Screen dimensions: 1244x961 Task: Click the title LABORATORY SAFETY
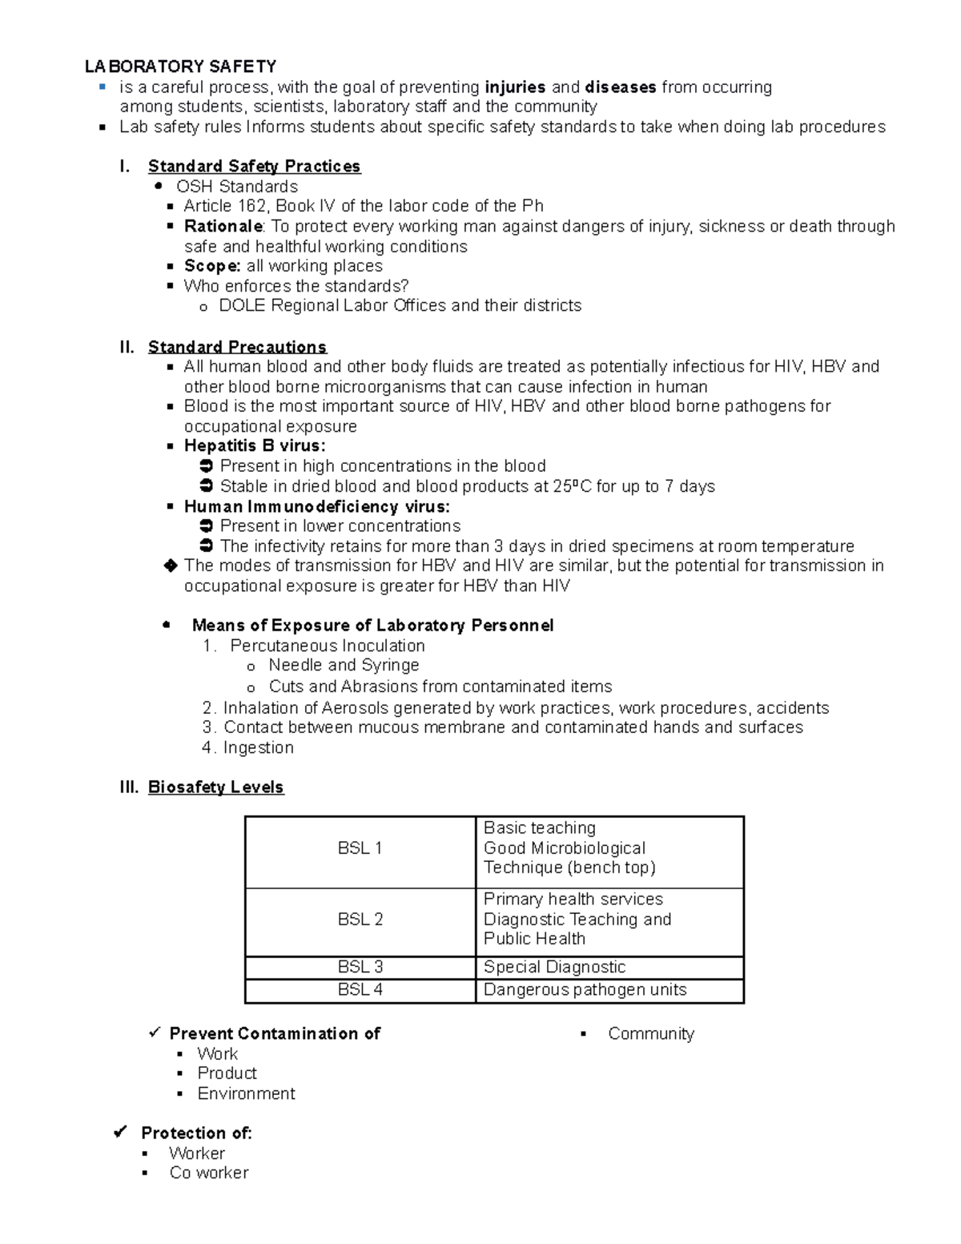point(181,66)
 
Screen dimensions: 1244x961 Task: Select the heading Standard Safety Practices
point(254,167)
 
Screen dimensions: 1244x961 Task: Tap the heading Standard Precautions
point(237,347)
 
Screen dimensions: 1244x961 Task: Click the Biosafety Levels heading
point(215,787)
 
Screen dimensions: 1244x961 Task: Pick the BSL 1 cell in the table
point(360,848)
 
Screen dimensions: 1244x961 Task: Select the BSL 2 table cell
point(360,920)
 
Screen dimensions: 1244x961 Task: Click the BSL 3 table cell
point(360,967)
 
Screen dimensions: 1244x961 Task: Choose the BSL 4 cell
point(360,990)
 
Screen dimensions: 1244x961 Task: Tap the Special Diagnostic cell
point(554,967)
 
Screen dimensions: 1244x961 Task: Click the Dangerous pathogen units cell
point(585,990)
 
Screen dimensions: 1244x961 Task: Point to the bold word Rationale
point(223,227)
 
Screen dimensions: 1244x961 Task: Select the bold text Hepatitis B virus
point(254,446)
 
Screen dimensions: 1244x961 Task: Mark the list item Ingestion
point(258,747)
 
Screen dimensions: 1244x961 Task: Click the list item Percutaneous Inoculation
point(327,646)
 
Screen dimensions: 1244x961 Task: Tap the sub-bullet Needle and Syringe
point(344,666)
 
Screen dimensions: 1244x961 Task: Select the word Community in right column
point(650,1034)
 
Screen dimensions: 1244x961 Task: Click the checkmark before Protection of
point(121,1133)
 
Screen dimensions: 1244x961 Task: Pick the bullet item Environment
point(246,1093)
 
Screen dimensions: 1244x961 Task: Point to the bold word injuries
point(515,87)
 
